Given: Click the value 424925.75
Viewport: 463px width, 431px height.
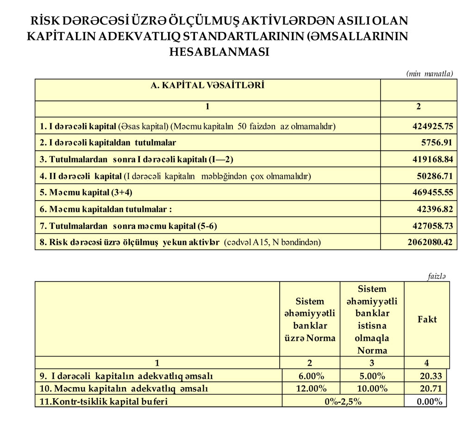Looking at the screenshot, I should [432, 126].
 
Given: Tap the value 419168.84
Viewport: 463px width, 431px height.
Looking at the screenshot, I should [432, 159].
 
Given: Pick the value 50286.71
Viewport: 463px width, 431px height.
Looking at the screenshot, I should [434, 176].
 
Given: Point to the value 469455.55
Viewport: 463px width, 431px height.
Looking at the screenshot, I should [432, 192].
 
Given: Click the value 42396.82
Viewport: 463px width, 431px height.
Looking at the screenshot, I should [434, 209].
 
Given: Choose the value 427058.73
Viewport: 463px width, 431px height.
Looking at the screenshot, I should [432, 226].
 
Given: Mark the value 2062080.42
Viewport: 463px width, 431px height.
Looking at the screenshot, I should [430, 242].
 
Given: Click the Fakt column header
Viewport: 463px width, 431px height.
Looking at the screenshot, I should [426, 319].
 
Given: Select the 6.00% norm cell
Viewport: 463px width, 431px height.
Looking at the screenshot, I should [310, 375].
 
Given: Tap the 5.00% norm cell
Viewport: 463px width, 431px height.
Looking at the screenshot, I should [372, 375].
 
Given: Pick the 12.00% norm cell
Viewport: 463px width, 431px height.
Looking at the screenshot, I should [310, 388].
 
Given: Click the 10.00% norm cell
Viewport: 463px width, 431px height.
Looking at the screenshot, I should [372, 388].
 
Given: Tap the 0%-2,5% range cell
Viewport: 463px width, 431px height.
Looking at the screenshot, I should [343, 401].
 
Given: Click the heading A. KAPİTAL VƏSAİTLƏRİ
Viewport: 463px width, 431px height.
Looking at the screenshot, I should [207, 85].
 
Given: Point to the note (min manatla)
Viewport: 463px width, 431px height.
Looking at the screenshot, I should [429, 74].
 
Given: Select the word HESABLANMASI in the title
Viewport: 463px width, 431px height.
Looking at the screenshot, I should [219, 52].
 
